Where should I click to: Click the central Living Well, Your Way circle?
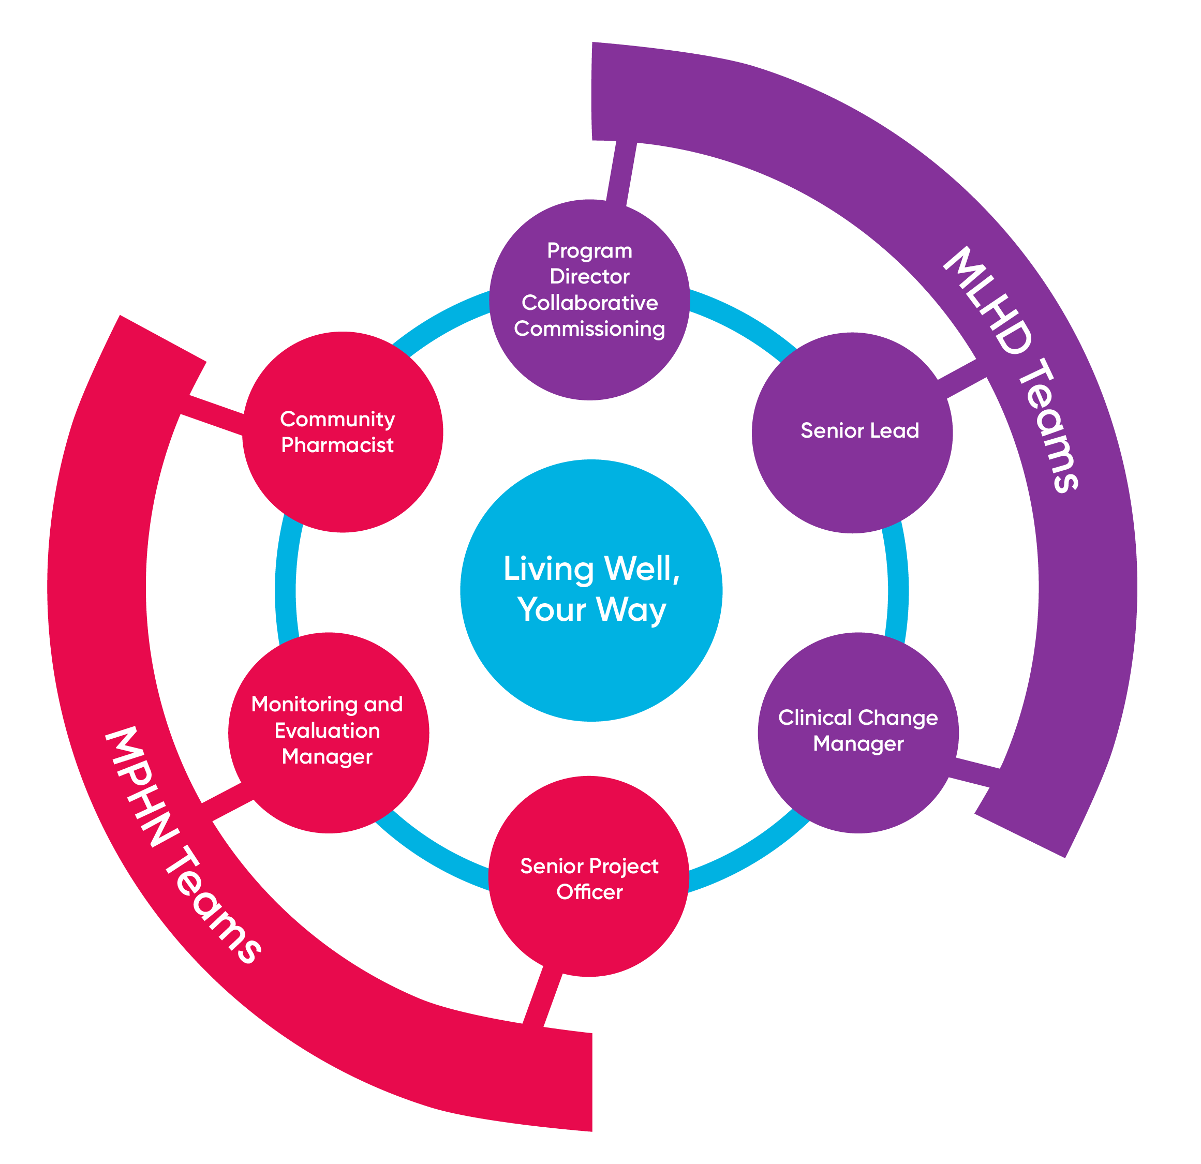click(x=591, y=590)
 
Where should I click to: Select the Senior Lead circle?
click(x=852, y=432)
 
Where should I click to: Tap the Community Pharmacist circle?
click(x=343, y=432)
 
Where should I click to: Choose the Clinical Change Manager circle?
click(x=858, y=733)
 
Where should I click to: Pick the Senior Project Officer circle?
click(x=589, y=876)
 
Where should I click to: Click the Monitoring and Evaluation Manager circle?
click(x=329, y=733)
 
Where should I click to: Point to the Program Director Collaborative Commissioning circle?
click(x=589, y=300)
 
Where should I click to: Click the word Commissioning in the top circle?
click(x=589, y=329)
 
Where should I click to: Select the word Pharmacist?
click(x=337, y=445)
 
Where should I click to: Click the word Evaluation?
click(x=327, y=731)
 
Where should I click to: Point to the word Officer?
click(x=589, y=892)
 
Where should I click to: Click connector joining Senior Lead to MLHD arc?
click(x=962, y=379)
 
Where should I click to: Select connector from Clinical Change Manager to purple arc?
click(x=974, y=772)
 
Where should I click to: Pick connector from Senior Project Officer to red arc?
click(x=542, y=997)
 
